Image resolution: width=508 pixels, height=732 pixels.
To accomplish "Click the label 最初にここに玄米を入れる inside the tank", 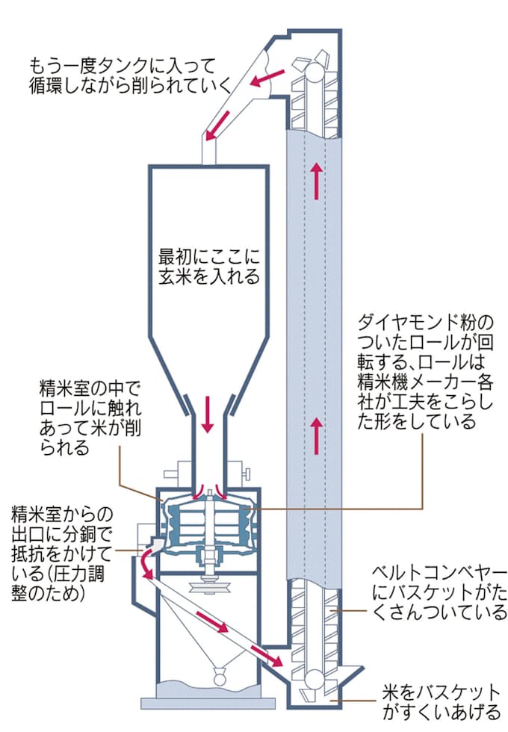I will pyautogui.click(x=208, y=265).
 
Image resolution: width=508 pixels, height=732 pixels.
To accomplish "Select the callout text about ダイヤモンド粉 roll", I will pyautogui.click(x=423, y=370).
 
